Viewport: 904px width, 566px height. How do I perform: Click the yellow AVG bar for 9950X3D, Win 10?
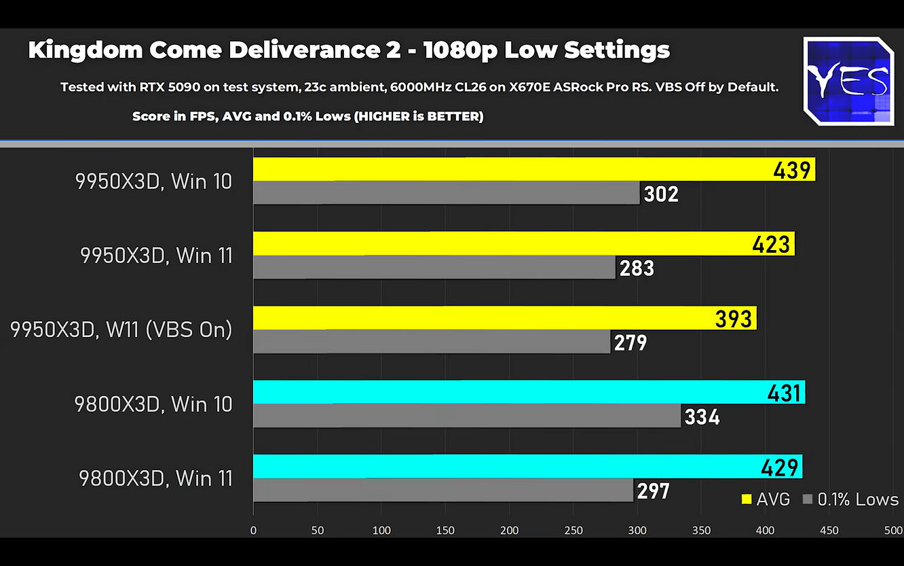tap(509, 169)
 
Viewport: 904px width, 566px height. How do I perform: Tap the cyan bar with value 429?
tap(509, 466)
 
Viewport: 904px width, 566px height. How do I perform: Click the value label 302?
tap(661, 194)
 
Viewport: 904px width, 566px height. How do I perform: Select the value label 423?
tap(772, 244)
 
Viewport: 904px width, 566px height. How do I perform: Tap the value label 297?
tap(654, 491)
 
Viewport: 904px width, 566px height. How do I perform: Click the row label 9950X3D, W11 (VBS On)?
tap(121, 330)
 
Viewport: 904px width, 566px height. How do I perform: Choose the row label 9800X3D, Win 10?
tap(153, 404)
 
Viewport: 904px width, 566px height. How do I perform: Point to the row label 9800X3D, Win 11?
tap(156, 478)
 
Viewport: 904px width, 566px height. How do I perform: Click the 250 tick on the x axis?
tap(573, 531)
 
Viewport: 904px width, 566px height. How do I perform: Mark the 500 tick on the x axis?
tap(893, 531)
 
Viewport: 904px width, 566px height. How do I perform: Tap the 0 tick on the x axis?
tap(253, 531)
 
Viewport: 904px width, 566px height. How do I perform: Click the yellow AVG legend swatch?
tap(747, 499)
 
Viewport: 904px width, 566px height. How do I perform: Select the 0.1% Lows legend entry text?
tap(858, 499)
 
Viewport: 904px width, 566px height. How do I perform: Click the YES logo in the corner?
tap(848, 81)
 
